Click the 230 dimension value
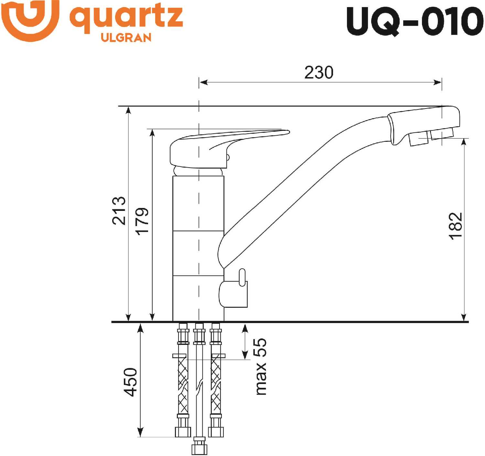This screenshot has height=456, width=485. tap(318, 72)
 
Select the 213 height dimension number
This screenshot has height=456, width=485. tap(119, 210)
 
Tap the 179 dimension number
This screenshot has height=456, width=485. tap(142, 221)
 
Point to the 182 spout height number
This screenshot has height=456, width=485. tap(456, 226)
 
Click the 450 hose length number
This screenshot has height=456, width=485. tap(130, 382)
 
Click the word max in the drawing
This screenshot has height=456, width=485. tap(261, 378)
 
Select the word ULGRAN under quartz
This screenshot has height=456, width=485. tap(126, 37)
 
